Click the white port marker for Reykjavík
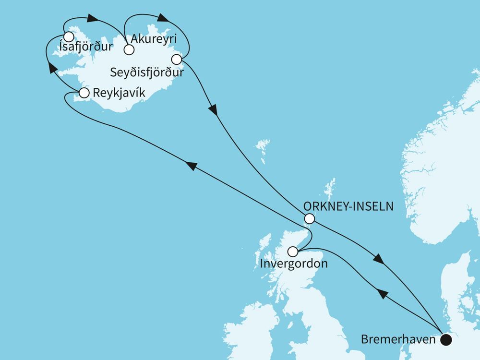tap(84, 93)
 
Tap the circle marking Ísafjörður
tap(69, 37)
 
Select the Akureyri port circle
tap(128, 49)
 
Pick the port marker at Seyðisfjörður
tap(176, 60)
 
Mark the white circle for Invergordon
tap(292, 251)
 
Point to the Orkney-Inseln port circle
tap(310, 219)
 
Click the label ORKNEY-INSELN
tap(349, 206)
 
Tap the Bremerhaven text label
tap(398, 340)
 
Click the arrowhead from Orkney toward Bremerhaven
tap(379, 260)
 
